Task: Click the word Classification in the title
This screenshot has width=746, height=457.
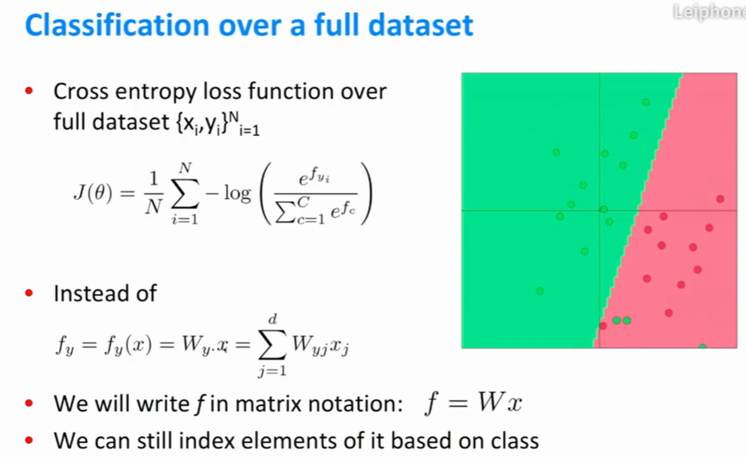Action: [117, 25]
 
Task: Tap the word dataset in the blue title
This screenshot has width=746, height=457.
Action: [421, 25]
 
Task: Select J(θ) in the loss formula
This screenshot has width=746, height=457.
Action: [93, 193]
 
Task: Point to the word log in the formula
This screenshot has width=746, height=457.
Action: [237, 193]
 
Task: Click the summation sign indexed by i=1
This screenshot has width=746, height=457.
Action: [185, 193]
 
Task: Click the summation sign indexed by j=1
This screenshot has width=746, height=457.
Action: [272, 345]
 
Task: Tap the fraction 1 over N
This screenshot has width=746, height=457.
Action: [154, 193]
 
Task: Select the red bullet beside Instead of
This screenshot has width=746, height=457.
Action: [29, 293]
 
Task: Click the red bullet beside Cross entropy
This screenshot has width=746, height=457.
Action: [29, 91]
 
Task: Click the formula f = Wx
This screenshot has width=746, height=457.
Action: [473, 403]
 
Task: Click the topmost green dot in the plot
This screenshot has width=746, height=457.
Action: [646, 102]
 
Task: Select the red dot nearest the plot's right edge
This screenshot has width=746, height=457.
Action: [721, 199]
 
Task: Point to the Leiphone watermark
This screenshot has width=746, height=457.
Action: [709, 12]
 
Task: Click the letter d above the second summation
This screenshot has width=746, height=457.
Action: [273, 319]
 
